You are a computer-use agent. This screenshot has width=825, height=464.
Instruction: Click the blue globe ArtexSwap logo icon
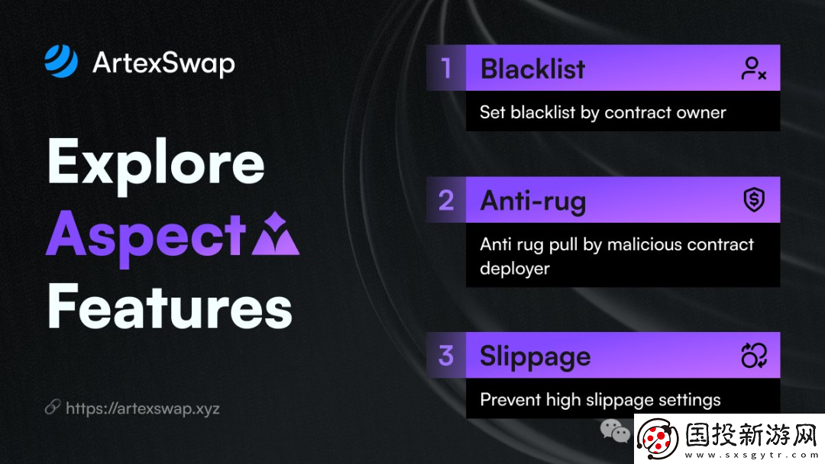61,62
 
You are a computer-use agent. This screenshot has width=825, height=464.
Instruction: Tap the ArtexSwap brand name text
163,63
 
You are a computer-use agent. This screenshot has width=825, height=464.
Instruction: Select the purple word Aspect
146,237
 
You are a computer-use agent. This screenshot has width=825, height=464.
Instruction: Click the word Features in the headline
170,307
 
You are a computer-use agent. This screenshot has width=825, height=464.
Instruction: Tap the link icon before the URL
53,407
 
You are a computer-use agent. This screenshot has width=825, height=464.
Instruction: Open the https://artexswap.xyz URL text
143,408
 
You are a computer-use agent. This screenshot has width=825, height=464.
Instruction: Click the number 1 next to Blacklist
446,69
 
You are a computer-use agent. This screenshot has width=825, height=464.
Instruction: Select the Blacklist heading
532,69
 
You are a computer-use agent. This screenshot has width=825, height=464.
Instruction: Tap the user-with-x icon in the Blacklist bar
753,69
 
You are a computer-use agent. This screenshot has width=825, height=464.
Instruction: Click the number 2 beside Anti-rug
446,200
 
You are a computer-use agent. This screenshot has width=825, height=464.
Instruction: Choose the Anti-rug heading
533,201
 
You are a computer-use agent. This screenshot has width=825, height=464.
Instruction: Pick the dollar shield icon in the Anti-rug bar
754,200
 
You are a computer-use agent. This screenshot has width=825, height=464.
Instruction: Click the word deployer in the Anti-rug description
515,269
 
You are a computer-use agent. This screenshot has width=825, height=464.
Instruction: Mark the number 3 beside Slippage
446,355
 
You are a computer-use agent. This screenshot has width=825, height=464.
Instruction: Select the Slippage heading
535,357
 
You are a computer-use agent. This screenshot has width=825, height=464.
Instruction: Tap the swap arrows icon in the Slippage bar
754,355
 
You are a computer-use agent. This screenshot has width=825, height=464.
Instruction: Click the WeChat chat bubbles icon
615,431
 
